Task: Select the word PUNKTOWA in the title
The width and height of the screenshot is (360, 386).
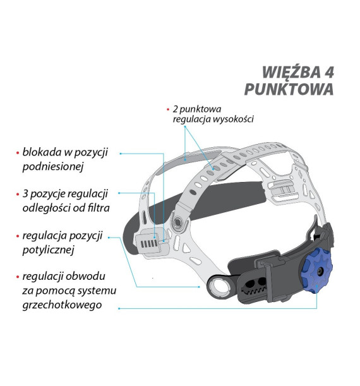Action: click(x=289, y=89)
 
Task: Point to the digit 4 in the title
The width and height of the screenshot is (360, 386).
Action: click(x=328, y=72)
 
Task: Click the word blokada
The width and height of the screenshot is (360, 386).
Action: click(x=42, y=152)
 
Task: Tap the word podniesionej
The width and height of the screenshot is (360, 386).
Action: click(x=53, y=167)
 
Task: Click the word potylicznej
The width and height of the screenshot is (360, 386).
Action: click(x=48, y=250)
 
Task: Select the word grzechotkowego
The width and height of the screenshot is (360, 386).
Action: click(x=62, y=305)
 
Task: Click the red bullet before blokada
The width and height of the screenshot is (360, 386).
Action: click(x=18, y=153)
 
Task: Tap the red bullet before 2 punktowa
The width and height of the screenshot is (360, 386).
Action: click(x=168, y=109)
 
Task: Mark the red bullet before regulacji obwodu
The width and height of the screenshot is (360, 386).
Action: click(x=18, y=277)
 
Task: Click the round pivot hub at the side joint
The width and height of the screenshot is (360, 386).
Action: click(x=177, y=223)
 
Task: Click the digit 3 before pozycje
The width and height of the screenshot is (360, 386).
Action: click(x=25, y=194)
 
